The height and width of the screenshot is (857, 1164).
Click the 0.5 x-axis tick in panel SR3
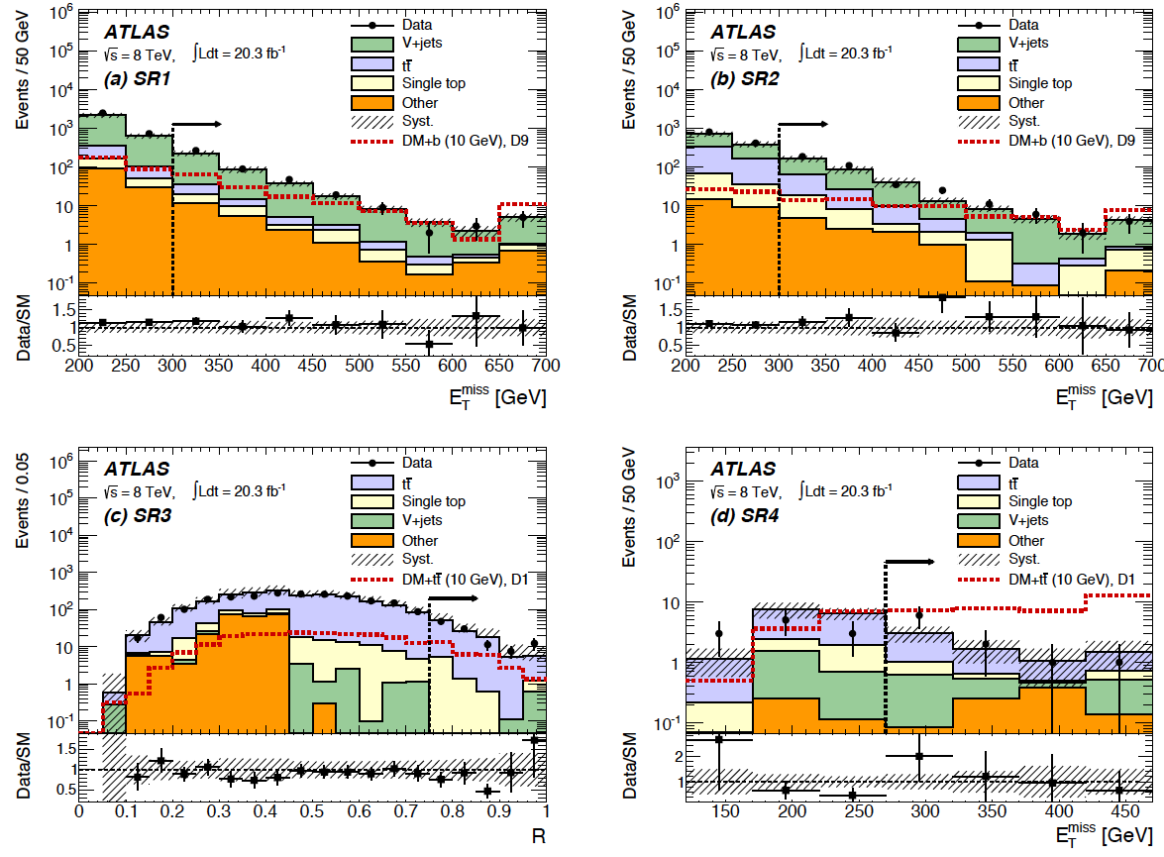click(x=313, y=811)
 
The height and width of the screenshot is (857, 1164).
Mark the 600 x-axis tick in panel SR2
click(x=1058, y=365)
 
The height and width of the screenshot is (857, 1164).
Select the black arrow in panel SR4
click(x=908, y=562)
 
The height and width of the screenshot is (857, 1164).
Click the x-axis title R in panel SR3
click(x=539, y=835)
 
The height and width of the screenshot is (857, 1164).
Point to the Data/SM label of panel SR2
click(x=632, y=325)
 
